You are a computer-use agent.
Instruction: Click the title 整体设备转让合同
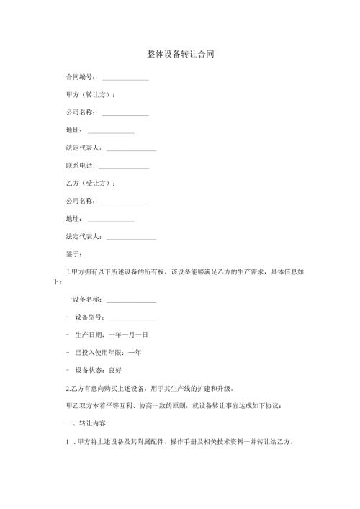pos(180,54)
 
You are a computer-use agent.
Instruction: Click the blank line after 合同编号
pos(125,78)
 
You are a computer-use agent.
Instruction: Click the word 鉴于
pos(74,253)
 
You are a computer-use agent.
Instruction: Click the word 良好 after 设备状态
pos(115,370)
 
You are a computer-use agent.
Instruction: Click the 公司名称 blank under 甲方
pos(125,113)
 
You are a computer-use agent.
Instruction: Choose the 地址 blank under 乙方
pos(111,219)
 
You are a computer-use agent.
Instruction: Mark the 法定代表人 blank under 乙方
pos(131,236)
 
